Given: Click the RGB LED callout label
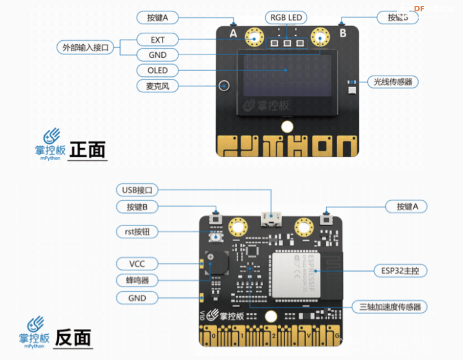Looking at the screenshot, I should [x=286, y=18].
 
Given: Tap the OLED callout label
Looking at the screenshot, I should [x=157, y=70].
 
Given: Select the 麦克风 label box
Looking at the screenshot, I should [x=157, y=85].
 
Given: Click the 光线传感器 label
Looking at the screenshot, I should [x=392, y=82].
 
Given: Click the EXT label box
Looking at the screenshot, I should [x=157, y=40].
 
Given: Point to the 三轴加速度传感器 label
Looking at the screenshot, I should [x=390, y=307].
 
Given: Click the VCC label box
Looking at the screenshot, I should [x=137, y=263].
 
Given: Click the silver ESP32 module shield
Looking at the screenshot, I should [x=296, y=276].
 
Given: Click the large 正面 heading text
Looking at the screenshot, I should [x=88, y=150].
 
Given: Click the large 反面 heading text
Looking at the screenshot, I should [x=73, y=338].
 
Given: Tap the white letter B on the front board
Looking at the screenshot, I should [x=343, y=33].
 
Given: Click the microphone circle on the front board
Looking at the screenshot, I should [x=224, y=85].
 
